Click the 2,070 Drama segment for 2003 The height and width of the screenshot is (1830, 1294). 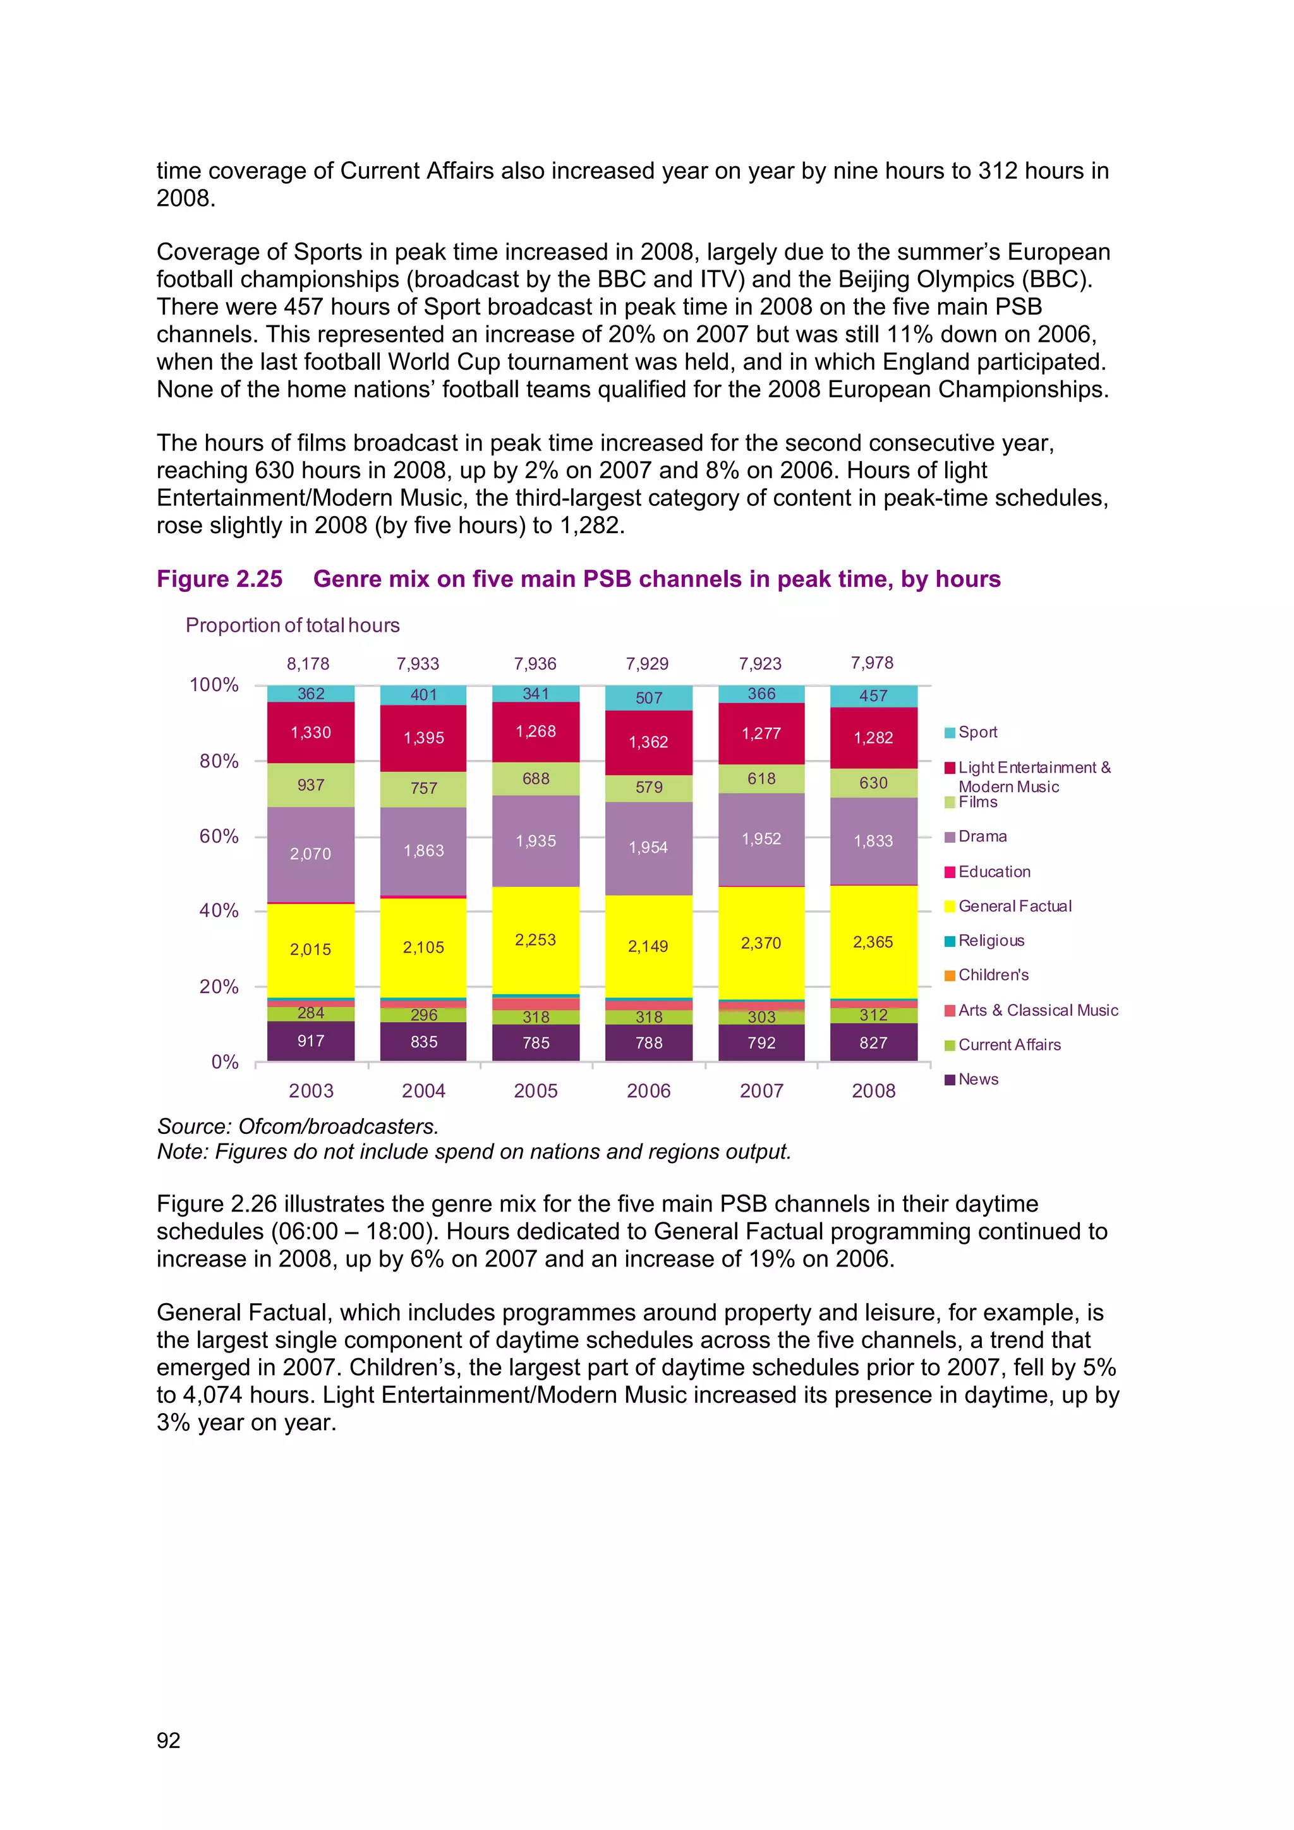pos(310,853)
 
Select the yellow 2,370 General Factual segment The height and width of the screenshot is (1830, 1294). pos(761,943)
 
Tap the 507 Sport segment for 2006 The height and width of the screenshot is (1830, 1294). pos(648,697)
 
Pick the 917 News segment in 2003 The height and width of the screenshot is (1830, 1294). pos(310,1041)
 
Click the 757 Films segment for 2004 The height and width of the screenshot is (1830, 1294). pos(423,788)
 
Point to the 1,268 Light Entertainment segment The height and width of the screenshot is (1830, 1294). pos(536,731)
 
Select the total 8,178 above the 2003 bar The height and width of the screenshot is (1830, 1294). pos(308,664)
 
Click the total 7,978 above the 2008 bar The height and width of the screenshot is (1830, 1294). pos(871,663)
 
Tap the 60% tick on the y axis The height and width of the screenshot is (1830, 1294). pos(219,836)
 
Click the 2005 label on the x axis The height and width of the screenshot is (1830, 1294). pos(536,1090)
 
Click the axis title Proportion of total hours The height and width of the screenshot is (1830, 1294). pos(293,625)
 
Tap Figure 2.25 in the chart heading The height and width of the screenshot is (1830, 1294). pos(219,579)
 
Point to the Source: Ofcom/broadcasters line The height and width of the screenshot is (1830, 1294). pos(298,1126)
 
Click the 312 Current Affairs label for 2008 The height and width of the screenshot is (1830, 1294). pos(873,1015)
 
